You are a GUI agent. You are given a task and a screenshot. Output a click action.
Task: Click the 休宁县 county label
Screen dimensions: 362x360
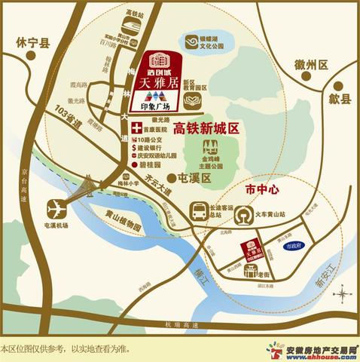32,44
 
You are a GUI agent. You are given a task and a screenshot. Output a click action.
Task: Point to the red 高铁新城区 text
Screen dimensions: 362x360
204,128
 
